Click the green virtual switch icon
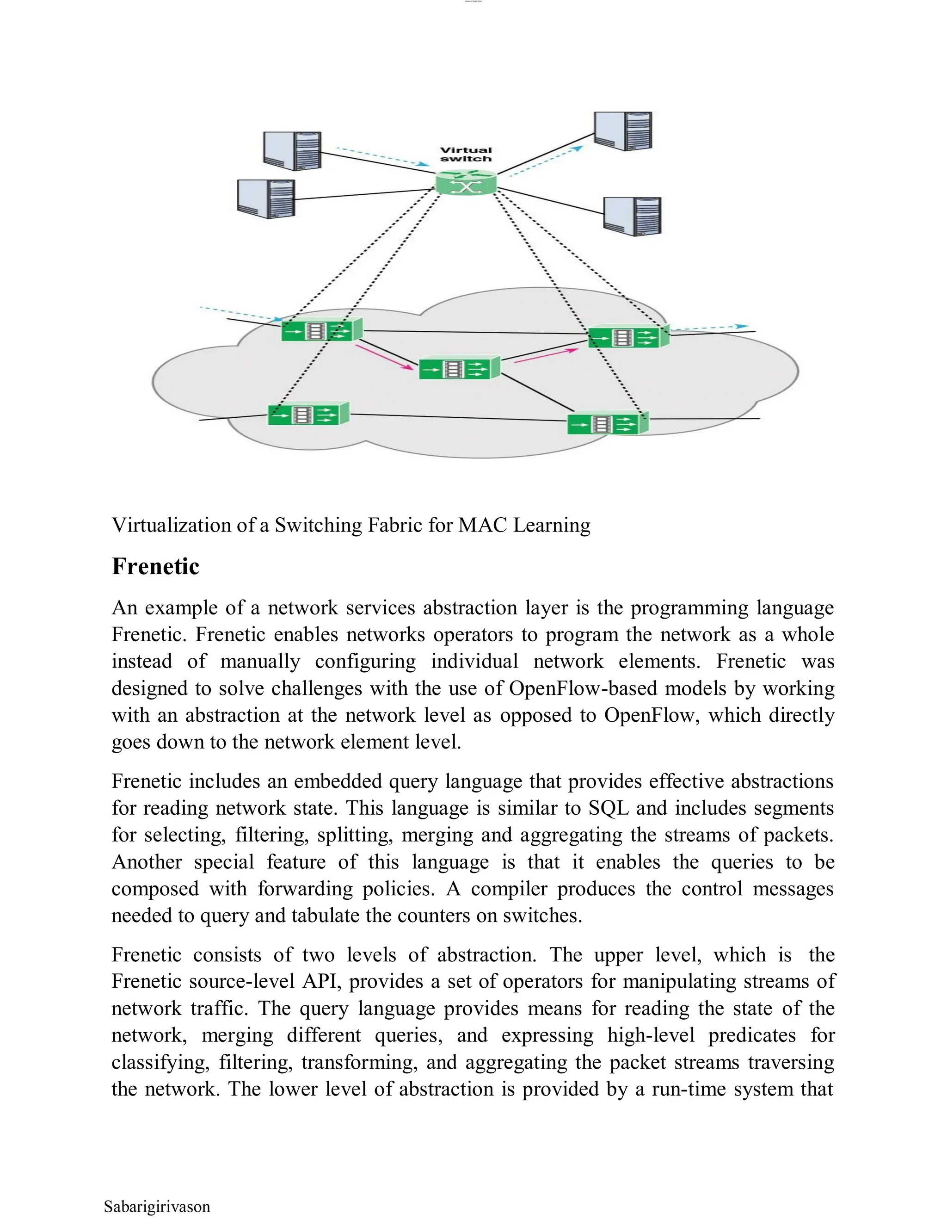coord(466,184)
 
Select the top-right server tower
coord(623,131)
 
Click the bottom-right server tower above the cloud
coord(632,216)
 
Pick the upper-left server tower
coord(292,150)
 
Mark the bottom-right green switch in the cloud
coord(608,424)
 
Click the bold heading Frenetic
coord(155,566)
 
